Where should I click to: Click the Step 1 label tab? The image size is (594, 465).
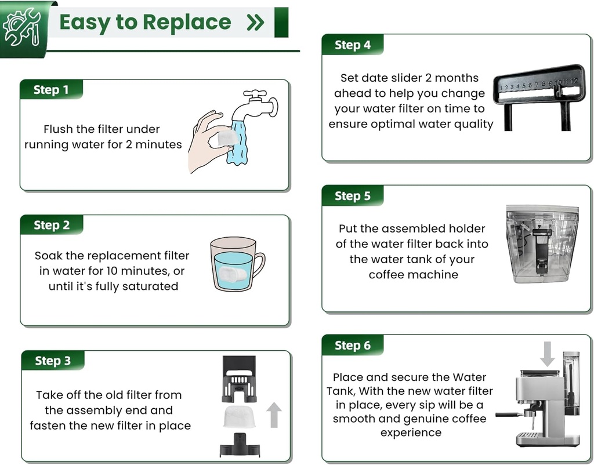click(51, 90)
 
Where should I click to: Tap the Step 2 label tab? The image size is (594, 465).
click(52, 225)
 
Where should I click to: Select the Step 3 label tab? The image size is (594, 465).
click(52, 361)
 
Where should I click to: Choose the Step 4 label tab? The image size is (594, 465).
click(352, 45)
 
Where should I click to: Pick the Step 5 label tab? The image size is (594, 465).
click(352, 197)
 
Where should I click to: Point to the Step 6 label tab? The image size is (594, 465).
click(352, 346)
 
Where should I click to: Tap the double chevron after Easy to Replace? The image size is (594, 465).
click(255, 23)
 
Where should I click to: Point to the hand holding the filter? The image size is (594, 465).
click(206, 142)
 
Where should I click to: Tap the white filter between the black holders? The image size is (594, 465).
click(239, 416)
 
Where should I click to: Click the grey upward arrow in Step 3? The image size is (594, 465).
click(274, 415)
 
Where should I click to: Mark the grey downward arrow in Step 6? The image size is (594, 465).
click(546, 353)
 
